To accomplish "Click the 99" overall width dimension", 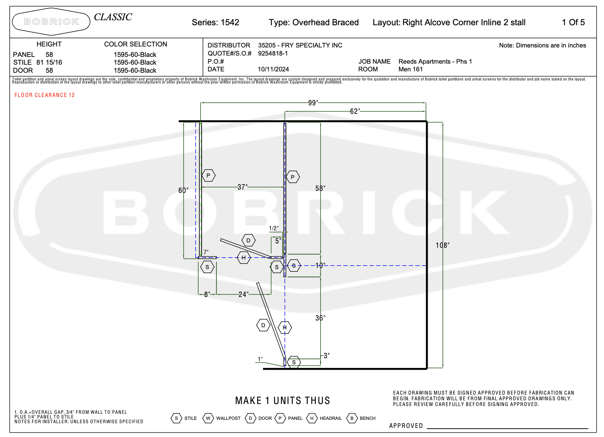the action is coord(313,103).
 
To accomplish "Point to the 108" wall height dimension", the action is coord(443,245).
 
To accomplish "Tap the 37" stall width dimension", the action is coord(242,187).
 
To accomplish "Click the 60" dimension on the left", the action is coord(183,190).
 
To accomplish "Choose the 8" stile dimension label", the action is coord(207,294).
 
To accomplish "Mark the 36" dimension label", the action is coord(320,318).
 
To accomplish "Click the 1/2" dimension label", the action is coord(274,228).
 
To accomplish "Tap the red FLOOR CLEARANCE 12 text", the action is coord(44,95).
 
